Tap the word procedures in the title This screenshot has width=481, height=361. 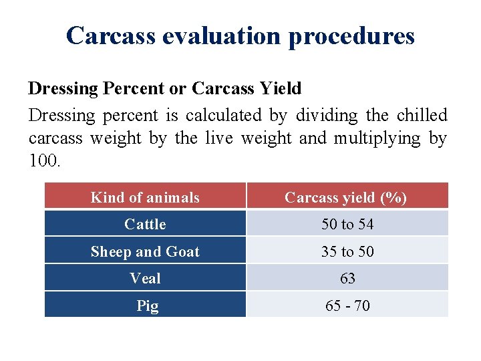[x=351, y=36]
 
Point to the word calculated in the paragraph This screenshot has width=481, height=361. [x=224, y=115]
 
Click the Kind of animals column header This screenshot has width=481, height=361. [x=145, y=197]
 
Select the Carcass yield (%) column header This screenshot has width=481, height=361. [x=346, y=197]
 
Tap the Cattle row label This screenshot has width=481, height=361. [x=145, y=224]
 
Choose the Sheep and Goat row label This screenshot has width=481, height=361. [x=145, y=251]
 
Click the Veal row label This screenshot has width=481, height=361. [x=145, y=278]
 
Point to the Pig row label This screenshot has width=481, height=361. [x=147, y=306]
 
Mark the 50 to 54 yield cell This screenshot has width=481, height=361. [x=347, y=224]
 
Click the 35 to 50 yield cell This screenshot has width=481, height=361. [x=347, y=251]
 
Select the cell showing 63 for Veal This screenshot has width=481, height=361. [x=347, y=278]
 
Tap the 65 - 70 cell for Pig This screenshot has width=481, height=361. [x=347, y=306]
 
